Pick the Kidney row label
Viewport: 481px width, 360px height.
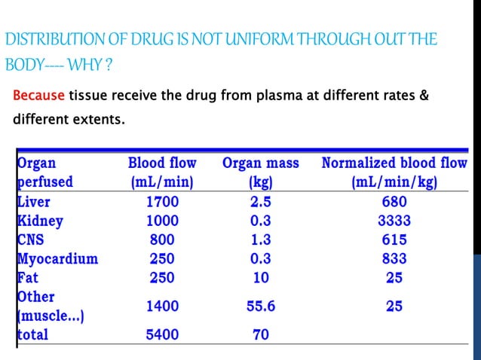coord(39,221)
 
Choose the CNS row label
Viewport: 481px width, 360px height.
coord(31,239)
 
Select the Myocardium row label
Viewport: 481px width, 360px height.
coord(57,258)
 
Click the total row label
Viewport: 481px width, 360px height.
coord(32,334)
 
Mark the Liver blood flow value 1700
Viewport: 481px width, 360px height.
coord(162,202)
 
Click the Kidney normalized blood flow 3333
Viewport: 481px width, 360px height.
coord(394,221)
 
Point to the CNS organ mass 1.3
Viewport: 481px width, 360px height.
coord(261,239)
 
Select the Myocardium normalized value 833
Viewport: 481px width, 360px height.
coord(394,258)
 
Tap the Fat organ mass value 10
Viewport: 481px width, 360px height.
coord(261,277)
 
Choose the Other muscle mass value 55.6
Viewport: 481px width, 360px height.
coord(261,306)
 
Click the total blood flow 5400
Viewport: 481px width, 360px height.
coord(162,334)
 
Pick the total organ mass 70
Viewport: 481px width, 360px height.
coord(261,334)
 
